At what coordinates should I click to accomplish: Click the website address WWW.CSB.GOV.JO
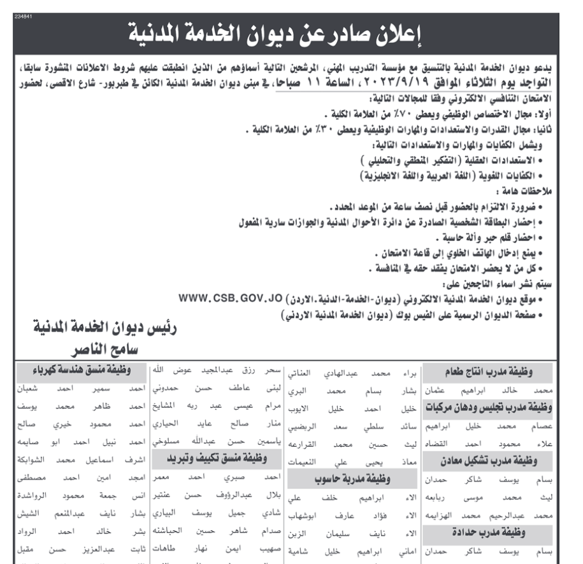230,298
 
